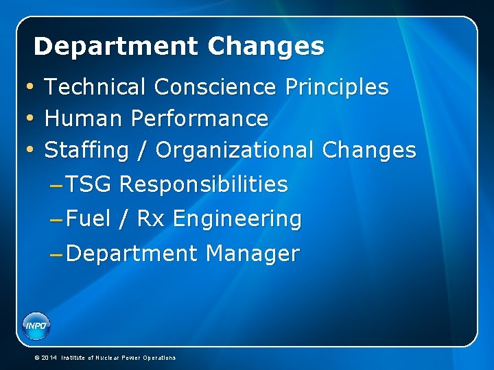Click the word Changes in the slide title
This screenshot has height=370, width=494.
pyautogui.click(x=266, y=47)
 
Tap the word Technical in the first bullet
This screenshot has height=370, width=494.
pyautogui.click(x=95, y=88)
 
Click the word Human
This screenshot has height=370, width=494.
pyautogui.click(x=82, y=119)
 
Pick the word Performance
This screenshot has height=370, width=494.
pyautogui.click(x=199, y=119)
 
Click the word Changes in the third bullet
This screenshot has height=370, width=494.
pyautogui.click(x=368, y=150)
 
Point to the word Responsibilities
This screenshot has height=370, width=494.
pyautogui.click(x=203, y=184)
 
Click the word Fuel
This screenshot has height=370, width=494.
pyautogui.click(x=89, y=219)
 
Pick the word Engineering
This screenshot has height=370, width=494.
pyautogui.click(x=237, y=219)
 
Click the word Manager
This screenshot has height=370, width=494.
pyautogui.click(x=252, y=254)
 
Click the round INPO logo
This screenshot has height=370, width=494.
pyautogui.click(x=36, y=325)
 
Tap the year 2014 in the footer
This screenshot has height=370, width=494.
pyautogui.click(x=49, y=358)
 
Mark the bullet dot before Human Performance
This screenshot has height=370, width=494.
pyautogui.click(x=29, y=119)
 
